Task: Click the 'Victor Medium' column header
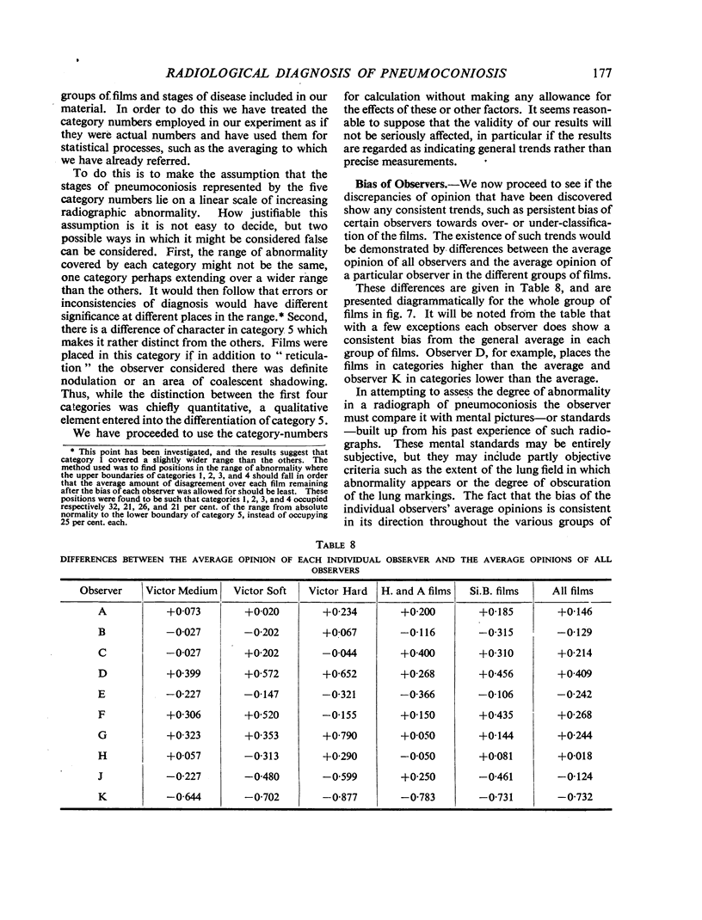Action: click(x=174, y=591)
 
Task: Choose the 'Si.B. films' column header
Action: click(x=487, y=591)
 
